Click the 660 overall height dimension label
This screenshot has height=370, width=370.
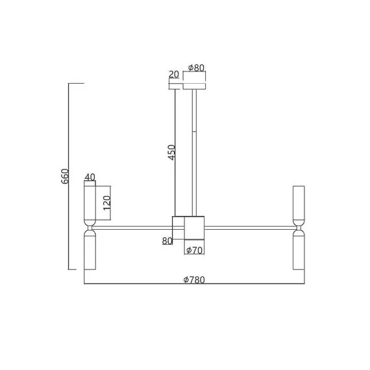[65, 177]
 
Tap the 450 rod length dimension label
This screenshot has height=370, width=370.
[172, 153]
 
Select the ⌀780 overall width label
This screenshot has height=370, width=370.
[194, 280]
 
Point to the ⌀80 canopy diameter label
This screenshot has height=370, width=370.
[196, 68]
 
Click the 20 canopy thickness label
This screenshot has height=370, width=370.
[174, 75]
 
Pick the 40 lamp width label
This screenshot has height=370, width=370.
[90, 177]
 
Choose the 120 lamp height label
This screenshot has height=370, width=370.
[107, 203]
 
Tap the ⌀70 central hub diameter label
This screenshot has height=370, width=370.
[194, 250]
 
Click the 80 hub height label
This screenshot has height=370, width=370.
[167, 241]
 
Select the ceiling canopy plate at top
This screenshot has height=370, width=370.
[195, 86]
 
